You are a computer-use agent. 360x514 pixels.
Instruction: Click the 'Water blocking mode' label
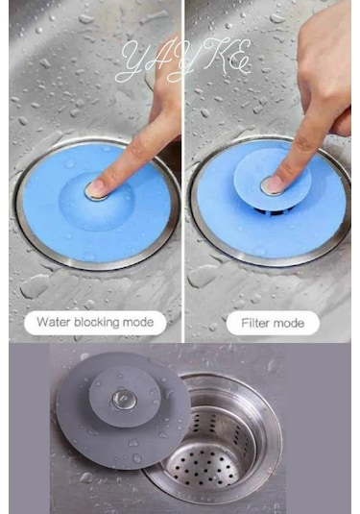[x=94, y=322]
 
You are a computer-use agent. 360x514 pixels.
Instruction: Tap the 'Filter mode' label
[x=273, y=323]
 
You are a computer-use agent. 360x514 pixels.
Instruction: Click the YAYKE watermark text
[x=181, y=60]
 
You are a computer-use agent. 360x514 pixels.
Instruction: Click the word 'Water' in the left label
[x=56, y=322]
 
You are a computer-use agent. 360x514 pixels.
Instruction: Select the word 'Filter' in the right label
[x=252, y=323]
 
